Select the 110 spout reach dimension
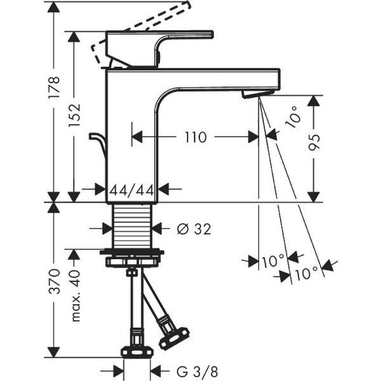coord(196,137)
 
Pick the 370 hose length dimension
coord(55,280)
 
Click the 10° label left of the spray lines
coord(272,260)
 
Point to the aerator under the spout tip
coord(257,94)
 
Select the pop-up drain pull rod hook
coord(98,142)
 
